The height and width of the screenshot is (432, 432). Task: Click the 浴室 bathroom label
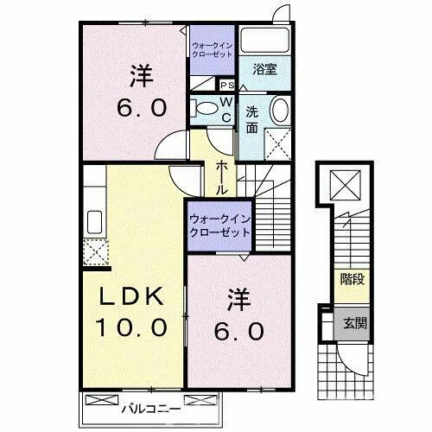coord(265,70)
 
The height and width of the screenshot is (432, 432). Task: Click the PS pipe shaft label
coord(227,85)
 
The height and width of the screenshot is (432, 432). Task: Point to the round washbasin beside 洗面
coord(281,111)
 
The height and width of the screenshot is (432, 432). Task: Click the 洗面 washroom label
coord(251,118)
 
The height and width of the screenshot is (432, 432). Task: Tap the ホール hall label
coord(222,175)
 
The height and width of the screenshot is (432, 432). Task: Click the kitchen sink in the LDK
coord(94,222)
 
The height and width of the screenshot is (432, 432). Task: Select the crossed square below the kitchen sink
coord(94,252)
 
